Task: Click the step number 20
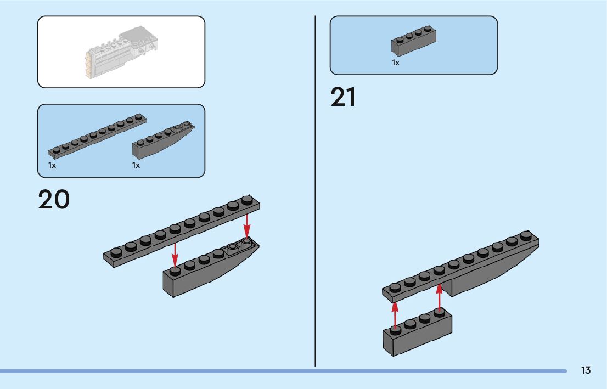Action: click(x=54, y=200)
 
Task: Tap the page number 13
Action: click(x=586, y=370)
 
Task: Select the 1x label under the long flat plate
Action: click(x=52, y=165)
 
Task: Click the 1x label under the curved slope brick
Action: click(x=136, y=165)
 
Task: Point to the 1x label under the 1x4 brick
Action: click(x=395, y=63)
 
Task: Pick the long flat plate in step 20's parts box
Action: click(x=97, y=136)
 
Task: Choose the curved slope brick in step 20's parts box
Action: click(x=164, y=140)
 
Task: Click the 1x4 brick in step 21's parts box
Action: click(x=414, y=41)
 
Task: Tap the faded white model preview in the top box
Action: click(x=121, y=52)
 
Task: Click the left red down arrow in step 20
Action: click(x=175, y=254)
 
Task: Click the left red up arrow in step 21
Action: click(x=395, y=315)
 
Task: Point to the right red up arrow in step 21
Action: click(x=439, y=297)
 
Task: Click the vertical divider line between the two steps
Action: click(x=315, y=191)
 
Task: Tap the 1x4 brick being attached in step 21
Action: click(x=417, y=332)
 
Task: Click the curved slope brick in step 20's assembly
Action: click(x=211, y=267)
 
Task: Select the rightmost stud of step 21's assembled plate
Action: click(x=526, y=235)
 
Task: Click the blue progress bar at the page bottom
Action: click(x=283, y=371)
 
